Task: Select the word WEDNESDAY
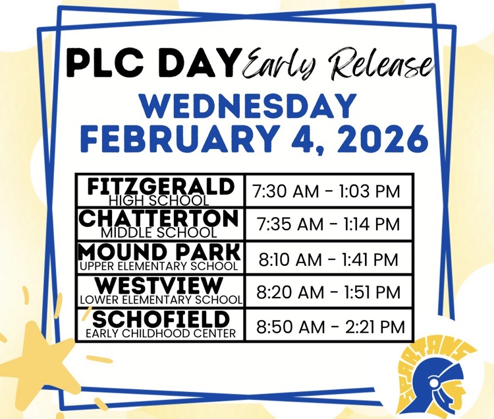coord(247,106)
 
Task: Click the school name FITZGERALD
coord(159,186)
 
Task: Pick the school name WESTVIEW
coord(159,286)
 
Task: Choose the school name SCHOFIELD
coord(160,319)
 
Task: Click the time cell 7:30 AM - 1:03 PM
coord(327,192)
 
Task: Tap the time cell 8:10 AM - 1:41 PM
coord(328,259)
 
